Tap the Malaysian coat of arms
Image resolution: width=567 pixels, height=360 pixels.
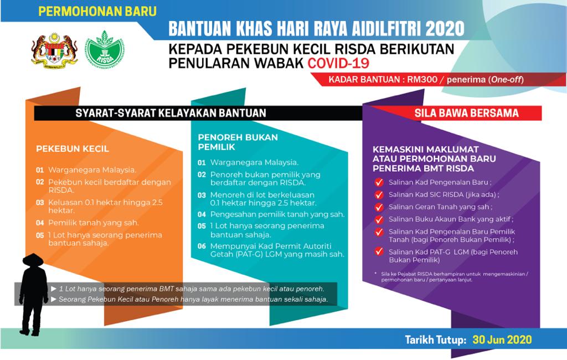tap(54, 50)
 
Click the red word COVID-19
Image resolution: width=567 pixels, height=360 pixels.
tap(338, 63)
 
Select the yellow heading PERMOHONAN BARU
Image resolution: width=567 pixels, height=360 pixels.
tap(97, 11)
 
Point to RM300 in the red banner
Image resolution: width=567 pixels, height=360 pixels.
tap(422, 80)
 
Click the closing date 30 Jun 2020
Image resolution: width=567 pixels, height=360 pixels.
tap(502, 340)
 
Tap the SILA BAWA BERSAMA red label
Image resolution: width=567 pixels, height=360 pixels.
tap(466, 113)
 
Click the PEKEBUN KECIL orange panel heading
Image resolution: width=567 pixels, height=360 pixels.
tap(73, 148)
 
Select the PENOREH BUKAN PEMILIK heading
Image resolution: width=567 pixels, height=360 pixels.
tap(238, 142)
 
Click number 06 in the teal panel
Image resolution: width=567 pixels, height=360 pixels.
tap(202, 246)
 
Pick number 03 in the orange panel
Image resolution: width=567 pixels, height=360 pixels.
tap(40, 203)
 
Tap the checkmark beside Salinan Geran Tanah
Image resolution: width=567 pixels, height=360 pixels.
tap(379, 207)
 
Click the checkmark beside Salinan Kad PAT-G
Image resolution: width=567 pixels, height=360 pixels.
tap(379, 251)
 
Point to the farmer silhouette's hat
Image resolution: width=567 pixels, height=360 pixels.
tap(33, 259)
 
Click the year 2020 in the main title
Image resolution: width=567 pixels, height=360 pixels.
tap(445, 29)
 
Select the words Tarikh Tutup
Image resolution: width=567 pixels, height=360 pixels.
tap(435, 340)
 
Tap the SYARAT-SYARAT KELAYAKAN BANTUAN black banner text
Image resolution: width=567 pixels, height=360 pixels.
tap(171, 113)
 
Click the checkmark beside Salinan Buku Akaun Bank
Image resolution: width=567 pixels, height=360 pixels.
tap(379, 220)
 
